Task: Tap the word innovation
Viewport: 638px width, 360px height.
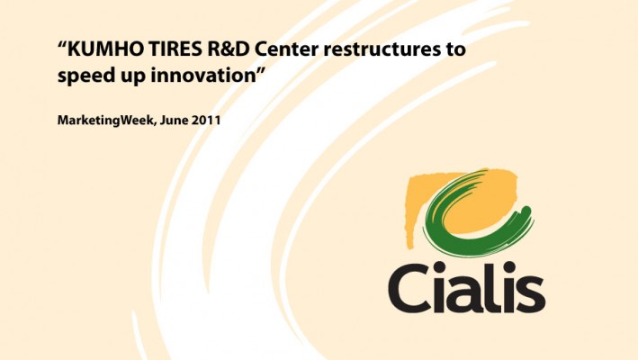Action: click(x=203, y=75)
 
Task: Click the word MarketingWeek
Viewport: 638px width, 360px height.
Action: click(x=106, y=121)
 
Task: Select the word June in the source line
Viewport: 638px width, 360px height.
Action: click(x=174, y=121)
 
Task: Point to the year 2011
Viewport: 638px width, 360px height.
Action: click(x=206, y=121)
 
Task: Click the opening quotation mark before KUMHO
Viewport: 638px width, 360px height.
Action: click(x=62, y=44)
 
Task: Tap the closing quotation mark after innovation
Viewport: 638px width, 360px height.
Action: click(x=260, y=70)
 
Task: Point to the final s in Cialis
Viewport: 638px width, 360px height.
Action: click(x=533, y=293)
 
